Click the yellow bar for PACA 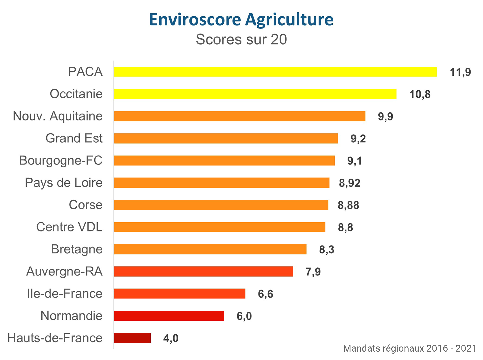point(275,72)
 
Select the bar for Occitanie point(255,94)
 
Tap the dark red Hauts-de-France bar point(132,338)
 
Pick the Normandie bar point(169,316)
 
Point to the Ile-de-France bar point(179,294)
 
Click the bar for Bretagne point(210,249)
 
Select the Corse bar point(221,205)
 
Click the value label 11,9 point(460,72)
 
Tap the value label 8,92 point(349,183)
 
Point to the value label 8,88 point(348,205)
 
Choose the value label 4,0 point(171,338)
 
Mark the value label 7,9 point(313,271)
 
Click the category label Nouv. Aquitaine point(58,116)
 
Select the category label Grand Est point(74,138)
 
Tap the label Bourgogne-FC point(61,160)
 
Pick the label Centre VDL point(69,227)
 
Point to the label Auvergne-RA point(64,271)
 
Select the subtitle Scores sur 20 point(241,39)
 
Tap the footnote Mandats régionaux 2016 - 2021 point(410,348)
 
